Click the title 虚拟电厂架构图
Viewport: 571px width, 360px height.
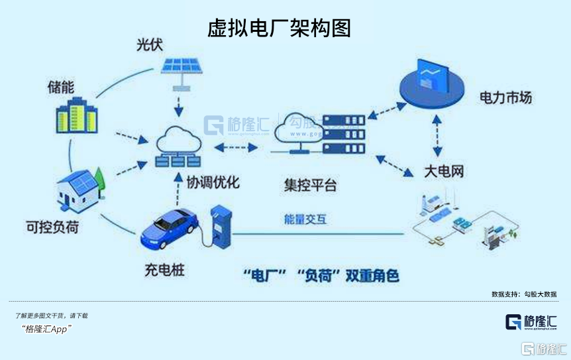click(x=279, y=27)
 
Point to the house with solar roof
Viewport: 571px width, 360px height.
click(x=80, y=188)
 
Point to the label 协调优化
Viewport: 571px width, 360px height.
click(x=213, y=182)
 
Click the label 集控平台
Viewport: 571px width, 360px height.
click(x=310, y=184)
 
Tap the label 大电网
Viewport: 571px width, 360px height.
click(x=443, y=172)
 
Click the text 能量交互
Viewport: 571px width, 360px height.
click(x=305, y=219)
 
